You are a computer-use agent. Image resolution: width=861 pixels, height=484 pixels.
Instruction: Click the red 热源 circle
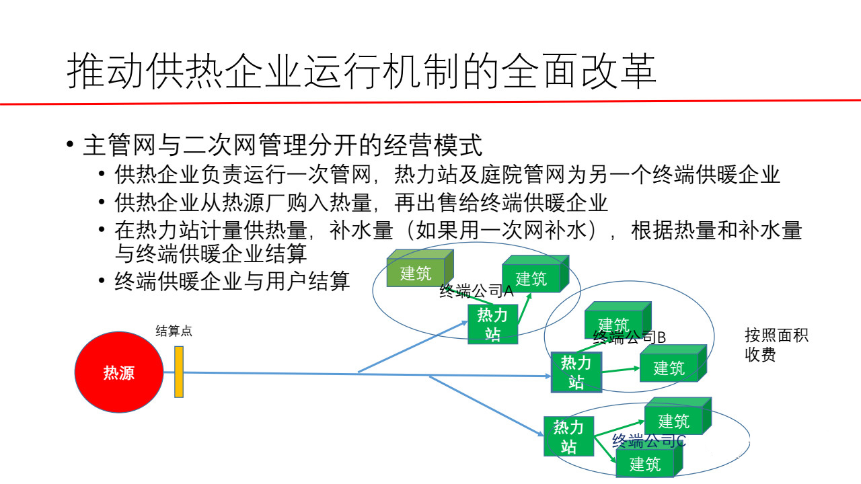[x=118, y=372]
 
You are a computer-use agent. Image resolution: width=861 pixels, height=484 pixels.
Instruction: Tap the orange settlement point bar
[x=179, y=372]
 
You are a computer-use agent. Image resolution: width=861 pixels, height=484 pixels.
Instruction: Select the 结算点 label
[x=174, y=331]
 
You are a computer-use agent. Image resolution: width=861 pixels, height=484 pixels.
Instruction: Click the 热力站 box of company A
[x=492, y=324]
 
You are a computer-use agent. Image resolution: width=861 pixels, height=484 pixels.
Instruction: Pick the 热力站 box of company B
[x=576, y=372]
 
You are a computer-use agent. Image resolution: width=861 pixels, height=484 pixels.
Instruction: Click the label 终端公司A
[x=476, y=291]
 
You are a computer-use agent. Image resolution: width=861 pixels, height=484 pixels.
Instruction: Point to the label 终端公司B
[x=629, y=337]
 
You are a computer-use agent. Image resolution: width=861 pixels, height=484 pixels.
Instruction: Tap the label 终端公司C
[x=648, y=441]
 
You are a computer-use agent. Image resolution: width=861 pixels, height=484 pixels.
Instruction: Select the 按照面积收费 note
[x=776, y=345]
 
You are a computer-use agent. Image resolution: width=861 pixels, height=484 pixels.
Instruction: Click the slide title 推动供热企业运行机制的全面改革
[x=361, y=71]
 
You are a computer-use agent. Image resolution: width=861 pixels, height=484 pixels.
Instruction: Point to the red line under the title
[x=430, y=102]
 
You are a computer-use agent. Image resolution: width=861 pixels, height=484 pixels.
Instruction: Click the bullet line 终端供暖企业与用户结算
[x=232, y=281]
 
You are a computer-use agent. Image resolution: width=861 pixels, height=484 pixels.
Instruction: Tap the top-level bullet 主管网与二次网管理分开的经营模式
[x=283, y=145]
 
